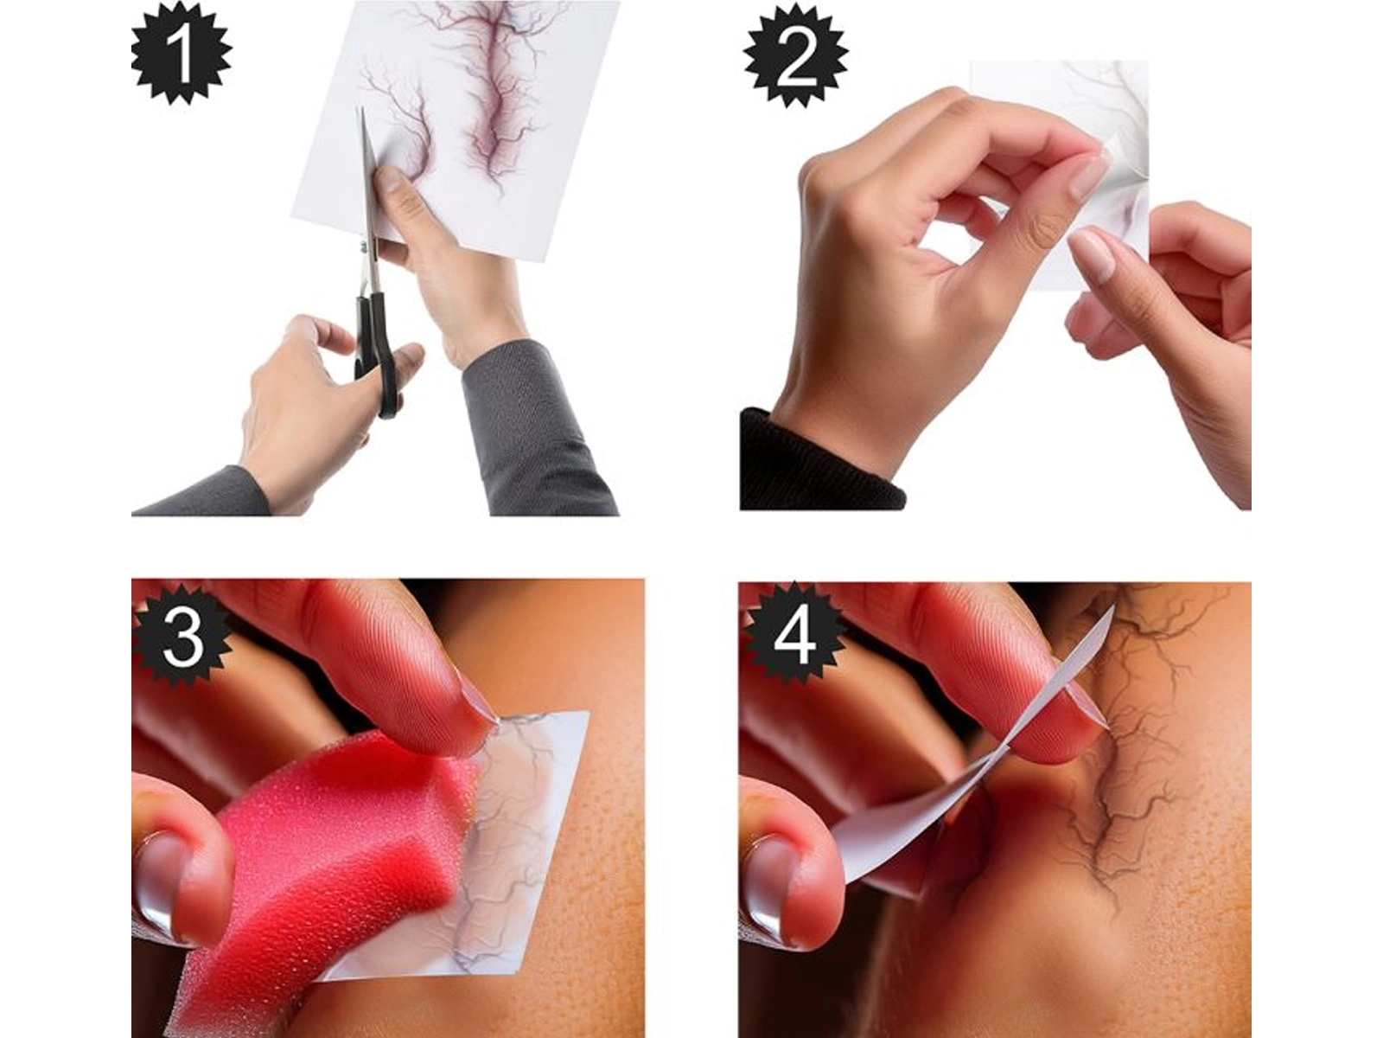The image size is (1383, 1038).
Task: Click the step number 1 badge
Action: [x=181, y=55]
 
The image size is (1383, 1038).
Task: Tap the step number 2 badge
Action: [x=796, y=63]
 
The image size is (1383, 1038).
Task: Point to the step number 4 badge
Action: [x=793, y=640]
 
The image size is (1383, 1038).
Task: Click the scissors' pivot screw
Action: [x=364, y=247]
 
